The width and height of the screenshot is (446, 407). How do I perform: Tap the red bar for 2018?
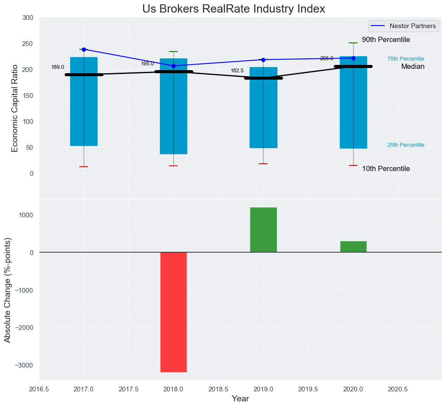173,312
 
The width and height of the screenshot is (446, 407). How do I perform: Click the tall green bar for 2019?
263,229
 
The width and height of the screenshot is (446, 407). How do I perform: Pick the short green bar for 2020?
353,246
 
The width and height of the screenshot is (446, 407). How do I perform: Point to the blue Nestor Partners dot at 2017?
84,49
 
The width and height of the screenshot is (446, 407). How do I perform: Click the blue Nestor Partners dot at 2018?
173,66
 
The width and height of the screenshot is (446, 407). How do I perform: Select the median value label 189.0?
58,67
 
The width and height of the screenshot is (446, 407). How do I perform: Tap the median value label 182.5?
237,71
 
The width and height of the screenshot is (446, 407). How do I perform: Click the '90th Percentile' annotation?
386,40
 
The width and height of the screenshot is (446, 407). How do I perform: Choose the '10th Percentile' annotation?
386,169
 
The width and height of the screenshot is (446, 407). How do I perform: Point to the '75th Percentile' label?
406,59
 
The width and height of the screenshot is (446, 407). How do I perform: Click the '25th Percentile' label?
406,145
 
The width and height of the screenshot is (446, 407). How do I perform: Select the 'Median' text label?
413,67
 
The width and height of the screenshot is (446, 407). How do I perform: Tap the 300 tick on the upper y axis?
28,18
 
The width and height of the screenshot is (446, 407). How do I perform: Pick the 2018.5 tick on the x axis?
218,389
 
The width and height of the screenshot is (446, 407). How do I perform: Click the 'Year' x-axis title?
240,399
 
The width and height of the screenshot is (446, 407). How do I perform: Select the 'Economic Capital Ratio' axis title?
15,108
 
